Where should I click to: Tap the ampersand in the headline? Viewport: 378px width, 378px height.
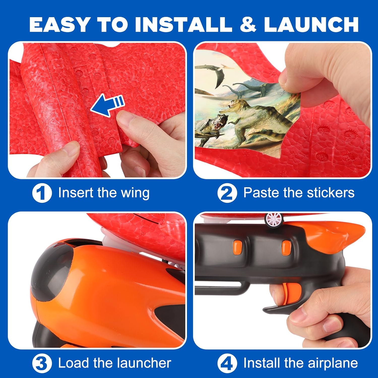[x=248, y=24]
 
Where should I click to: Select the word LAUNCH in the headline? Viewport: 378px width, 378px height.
[x=311, y=24]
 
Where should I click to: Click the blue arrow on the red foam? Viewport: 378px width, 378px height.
[x=107, y=105]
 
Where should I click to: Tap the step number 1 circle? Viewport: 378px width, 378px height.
[x=42, y=193]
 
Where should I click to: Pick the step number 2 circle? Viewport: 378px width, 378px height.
[x=227, y=193]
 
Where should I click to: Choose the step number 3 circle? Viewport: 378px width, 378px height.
[x=42, y=364]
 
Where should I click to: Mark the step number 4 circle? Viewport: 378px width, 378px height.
[x=227, y=364]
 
